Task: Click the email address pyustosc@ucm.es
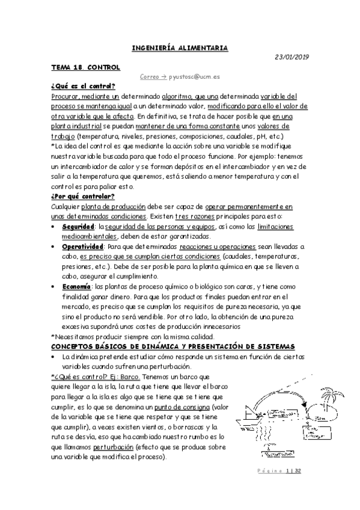[194, 77]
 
